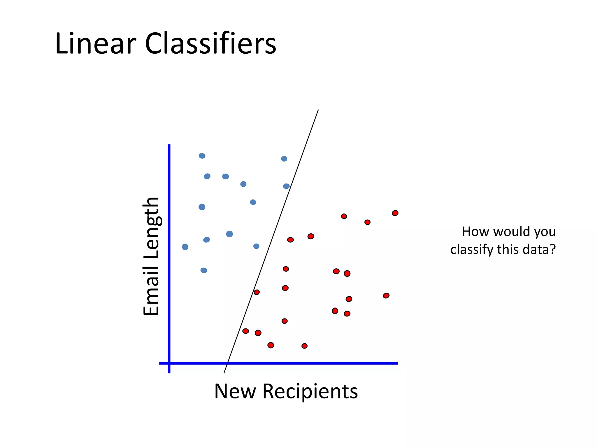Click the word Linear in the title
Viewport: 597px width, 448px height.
coord(95,44)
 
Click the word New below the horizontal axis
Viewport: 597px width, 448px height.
coord(235,391)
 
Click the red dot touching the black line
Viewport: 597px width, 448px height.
coord(257,292)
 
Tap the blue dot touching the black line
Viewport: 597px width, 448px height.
coord(286,186)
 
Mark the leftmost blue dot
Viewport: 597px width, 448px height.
coord(185,247)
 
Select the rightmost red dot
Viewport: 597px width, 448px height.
coord(395,213)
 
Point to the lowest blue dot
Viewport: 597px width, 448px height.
coord(204,270)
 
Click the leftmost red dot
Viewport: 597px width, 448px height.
coord(246,331)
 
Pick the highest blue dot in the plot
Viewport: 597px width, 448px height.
coord(202,156)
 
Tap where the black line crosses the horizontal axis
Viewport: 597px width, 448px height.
coord(227,363)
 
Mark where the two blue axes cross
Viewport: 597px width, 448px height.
coord(169,363)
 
